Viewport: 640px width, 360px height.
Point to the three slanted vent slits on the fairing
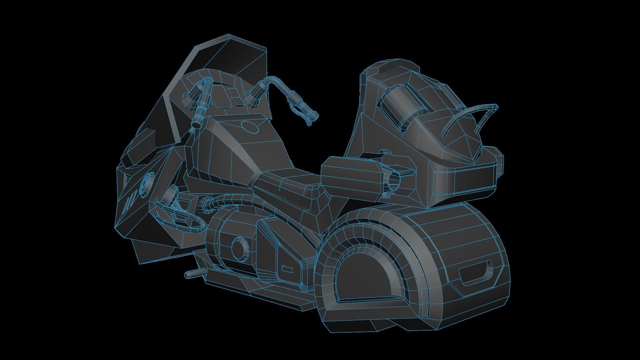[x=130, y=202]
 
